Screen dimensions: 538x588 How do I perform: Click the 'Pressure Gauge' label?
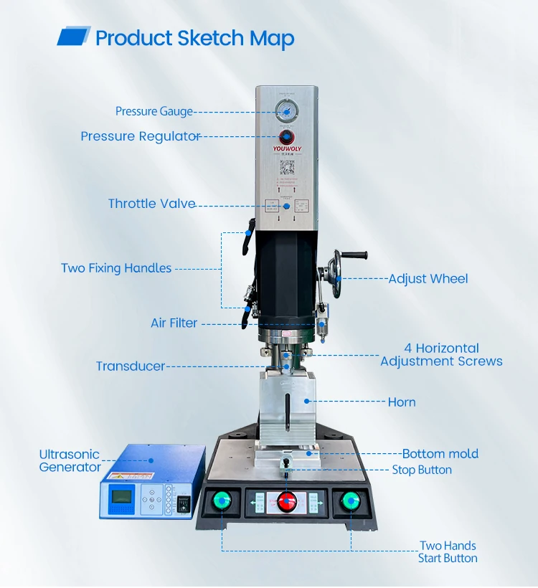[x=154, y=112]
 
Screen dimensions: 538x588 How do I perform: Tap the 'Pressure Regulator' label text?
[x=140, y=136]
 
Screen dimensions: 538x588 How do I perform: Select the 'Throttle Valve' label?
[x=151, y=204]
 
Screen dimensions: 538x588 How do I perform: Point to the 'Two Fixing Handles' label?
[x=116, y=268]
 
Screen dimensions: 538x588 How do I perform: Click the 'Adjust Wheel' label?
[x=428, y=278]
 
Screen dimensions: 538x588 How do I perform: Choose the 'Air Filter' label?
[x=174, y=323]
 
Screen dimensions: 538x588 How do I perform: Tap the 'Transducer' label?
[x=131, y=366]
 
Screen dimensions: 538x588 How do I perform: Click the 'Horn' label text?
[x=402, y=402]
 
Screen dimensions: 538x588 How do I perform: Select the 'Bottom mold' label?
[x=440, y=454]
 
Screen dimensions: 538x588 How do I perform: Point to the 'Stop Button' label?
[x=422, y=470]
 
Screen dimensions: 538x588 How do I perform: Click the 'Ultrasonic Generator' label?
[x=70, y=461]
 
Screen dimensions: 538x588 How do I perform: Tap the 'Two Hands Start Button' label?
[x=448, y=552]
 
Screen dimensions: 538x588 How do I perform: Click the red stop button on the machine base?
[x=287, y=501]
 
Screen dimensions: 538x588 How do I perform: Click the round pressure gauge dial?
[x=286, y=111]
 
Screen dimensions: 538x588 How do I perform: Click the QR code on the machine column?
[x=287, y=169]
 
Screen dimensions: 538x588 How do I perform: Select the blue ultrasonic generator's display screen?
[x=120, y=498]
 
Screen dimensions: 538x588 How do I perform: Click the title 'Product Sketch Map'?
[x=194, y=38]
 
